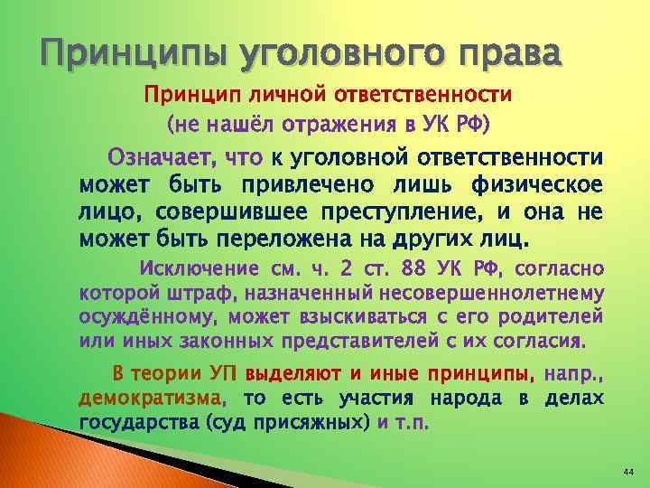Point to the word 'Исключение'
tap(200, 268)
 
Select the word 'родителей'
tap(553, 318)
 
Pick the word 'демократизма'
tap(150, 398)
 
